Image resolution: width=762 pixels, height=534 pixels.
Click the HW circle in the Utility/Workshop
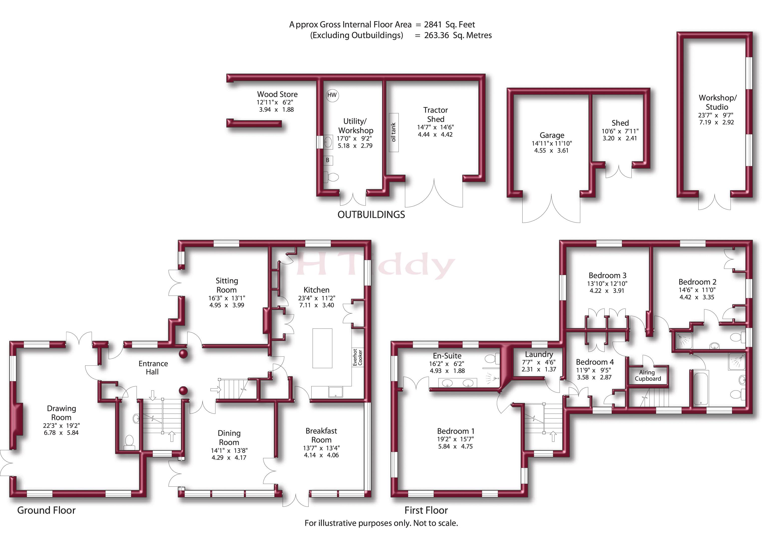pos(332,95)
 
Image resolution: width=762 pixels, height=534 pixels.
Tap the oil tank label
pos(394,132)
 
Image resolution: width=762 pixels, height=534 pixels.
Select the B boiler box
pos(328,160)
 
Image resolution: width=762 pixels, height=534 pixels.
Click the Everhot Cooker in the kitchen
pos(358,357)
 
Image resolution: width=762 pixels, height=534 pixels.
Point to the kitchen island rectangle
pos(322,348)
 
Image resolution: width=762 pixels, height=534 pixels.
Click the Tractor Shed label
pos(435,115)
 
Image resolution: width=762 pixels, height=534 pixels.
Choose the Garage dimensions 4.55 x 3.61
pos(551,150)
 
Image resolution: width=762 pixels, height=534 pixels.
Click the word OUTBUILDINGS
pos(371,215)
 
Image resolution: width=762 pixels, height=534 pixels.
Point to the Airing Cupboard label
pos(647,376)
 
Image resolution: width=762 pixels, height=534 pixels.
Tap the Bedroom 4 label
pos(595,362)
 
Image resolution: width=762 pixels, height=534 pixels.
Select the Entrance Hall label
pos(153,368)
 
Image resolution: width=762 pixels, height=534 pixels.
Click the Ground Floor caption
pos(46,510)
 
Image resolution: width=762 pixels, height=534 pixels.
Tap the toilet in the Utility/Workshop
pos(331,177)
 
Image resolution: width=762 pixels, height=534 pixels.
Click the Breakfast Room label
pos(321,435)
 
